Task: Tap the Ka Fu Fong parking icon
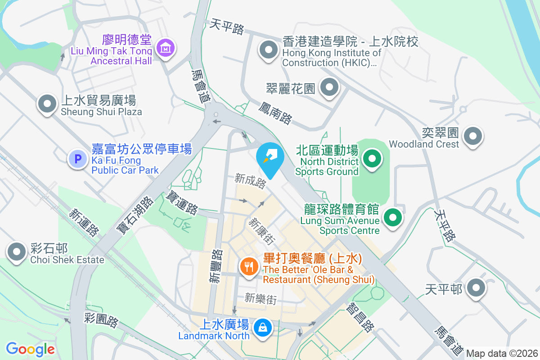coord(77,159)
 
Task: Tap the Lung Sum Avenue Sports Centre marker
coord(393,218)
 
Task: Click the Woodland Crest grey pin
coord(473,136)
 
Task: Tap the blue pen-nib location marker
coord(270,157)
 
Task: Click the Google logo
coord(31,349)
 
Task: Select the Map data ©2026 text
coord(502,353)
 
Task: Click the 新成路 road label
coord(251,181)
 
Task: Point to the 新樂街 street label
coord(261,298)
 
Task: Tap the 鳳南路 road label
coord(275,112)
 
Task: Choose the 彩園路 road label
coord(102,320)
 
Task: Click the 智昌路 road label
coord(360,317)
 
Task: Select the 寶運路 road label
coord(182,202)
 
